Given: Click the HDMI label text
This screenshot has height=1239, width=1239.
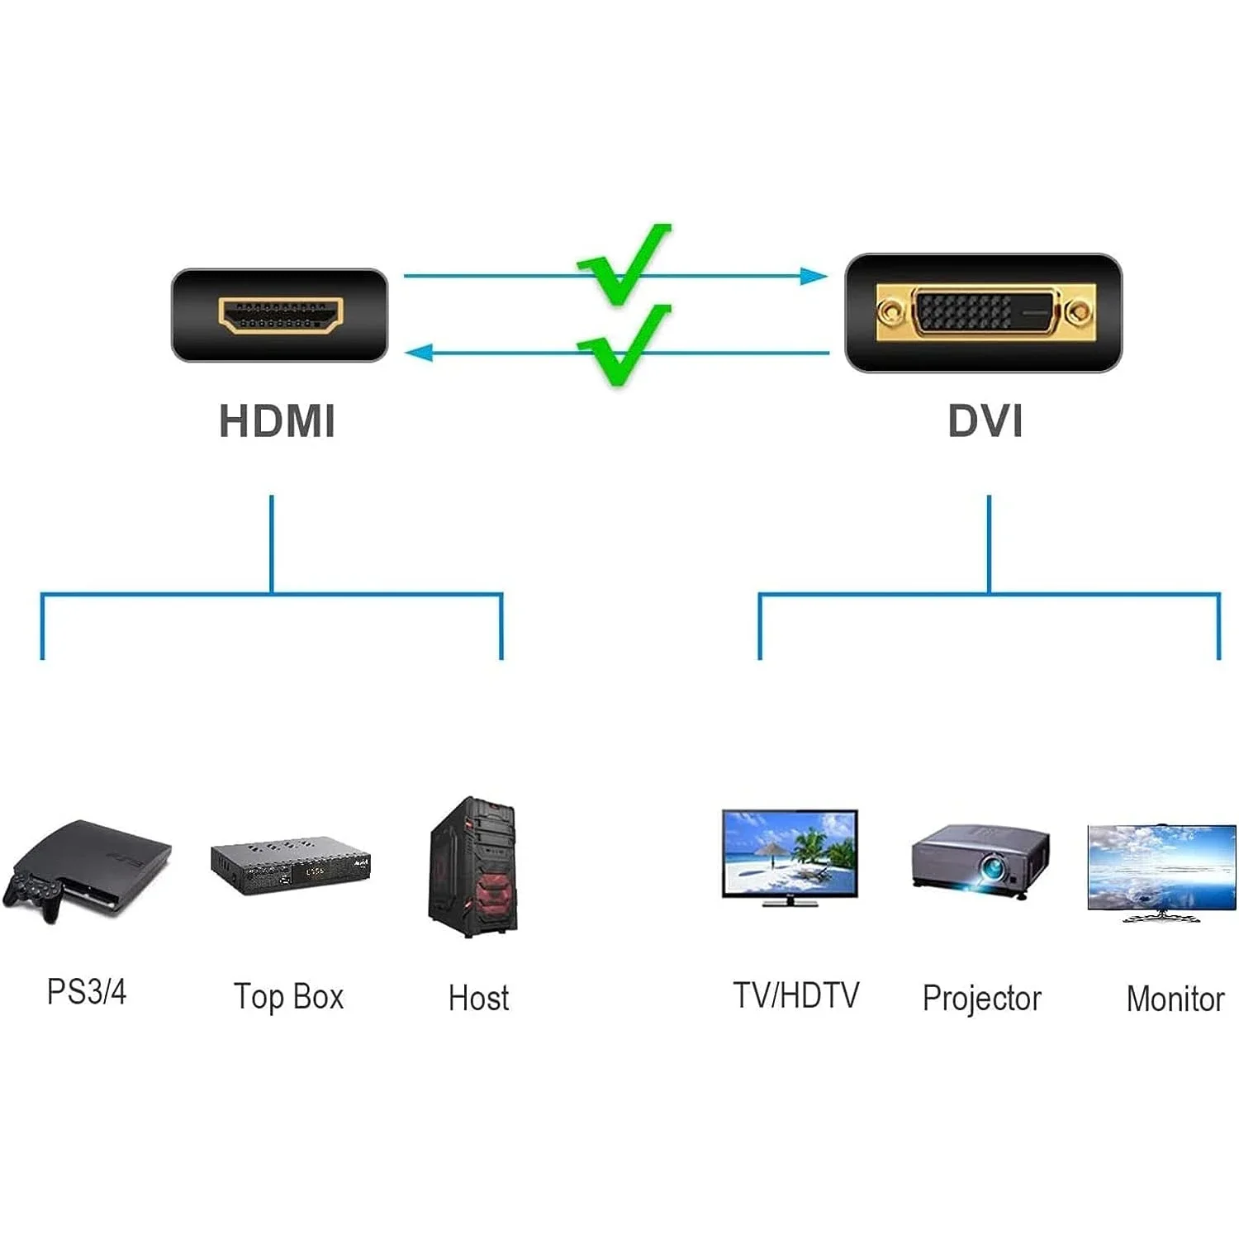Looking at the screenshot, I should click(x=277, y=420).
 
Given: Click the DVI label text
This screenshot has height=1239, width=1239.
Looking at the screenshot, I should click(x=985, y=420).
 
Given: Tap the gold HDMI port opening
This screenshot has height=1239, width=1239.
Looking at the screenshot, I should click(x=280, y=316).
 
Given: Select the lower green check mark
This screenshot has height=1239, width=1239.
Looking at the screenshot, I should click(x=626, y=344).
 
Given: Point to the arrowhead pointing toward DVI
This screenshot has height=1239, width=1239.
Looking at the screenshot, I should click(x=814, y=276).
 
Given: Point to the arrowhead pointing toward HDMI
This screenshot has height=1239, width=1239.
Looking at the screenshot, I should click(x=419, y=353).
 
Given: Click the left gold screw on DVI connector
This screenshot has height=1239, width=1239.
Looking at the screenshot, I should click(x=890, y=312).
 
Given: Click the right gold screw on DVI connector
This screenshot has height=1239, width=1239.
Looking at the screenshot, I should click(x=1077, y=312).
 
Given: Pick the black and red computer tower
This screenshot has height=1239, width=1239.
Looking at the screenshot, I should click(x=473, y=866).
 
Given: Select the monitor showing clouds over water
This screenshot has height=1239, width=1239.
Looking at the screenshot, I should click(x=1161, y=868).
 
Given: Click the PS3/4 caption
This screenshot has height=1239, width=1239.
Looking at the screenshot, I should click(x=87, y=991).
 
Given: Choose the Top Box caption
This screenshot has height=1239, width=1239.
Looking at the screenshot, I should click(x=288, y=997).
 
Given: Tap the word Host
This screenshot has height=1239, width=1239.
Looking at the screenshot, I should click(x=478, y=998).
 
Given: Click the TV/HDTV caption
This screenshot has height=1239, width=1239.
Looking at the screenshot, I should click(x=795, y=995).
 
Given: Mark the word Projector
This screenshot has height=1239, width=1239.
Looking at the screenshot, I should click(x=981, y=999).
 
